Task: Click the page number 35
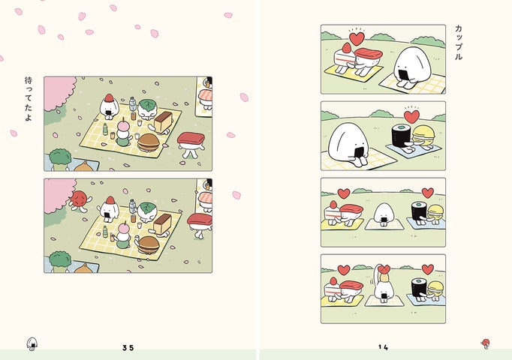tap(128, 347)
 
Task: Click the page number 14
tap(383, 347)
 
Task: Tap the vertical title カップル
tap(459, 43)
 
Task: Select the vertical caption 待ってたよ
tap(29, 99)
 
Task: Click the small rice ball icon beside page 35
tap(32, 343)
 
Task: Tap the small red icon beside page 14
tap(486, 343)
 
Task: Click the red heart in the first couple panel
tap(357, 38)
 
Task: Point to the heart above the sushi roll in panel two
tap(411, 117)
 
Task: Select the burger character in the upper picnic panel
tap(149, 142)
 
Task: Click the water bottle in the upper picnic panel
tap(132, 103)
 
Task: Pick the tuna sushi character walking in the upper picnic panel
tap(191, 144)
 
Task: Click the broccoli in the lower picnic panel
tap(60, 260)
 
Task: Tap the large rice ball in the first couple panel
tap(411, 67)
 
